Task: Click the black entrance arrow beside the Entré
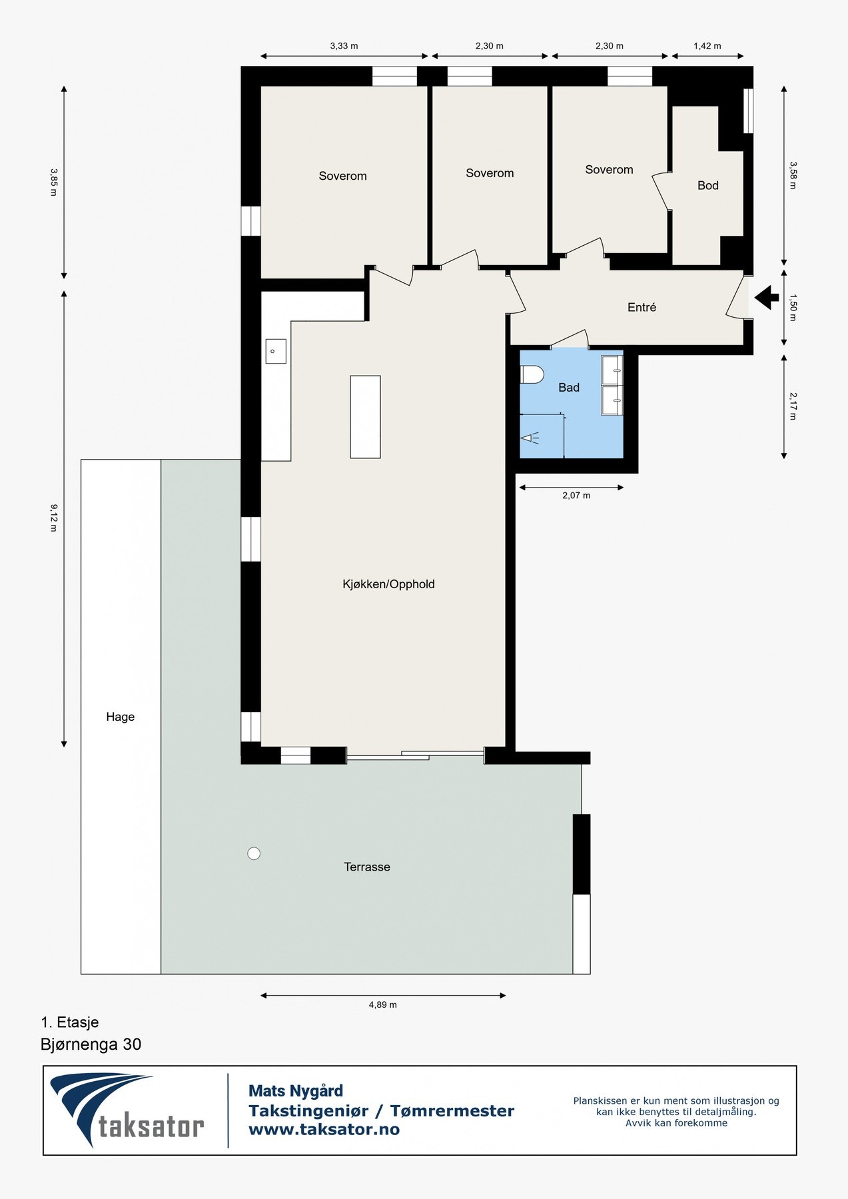point(767,297)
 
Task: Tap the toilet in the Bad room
point(532,375)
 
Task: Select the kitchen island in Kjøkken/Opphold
point(365,417)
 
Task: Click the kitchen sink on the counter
point(276,351)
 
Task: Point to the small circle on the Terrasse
point(254,853)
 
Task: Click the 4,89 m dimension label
point(383,1005)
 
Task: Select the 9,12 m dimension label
point(53,518)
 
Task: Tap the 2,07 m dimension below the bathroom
point(576,496)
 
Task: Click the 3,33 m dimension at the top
point(344,46)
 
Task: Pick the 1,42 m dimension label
point(707,46)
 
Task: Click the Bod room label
point(708,186)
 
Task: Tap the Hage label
point(121,717)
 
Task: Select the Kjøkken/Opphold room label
point(388,584)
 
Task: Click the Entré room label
point(642,307)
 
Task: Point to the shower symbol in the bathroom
point(531,438)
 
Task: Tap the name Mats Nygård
point(296,1091)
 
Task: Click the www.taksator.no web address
point(324,1129)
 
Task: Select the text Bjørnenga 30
point(91,1044)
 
